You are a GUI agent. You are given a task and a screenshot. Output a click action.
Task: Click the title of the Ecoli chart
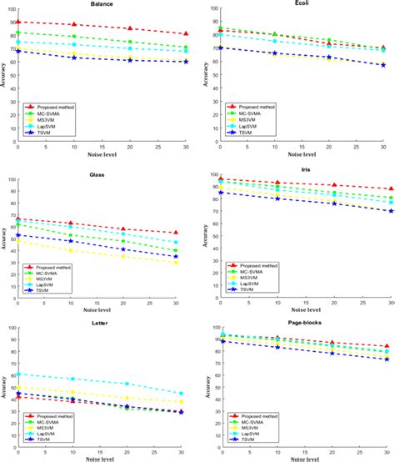pyautogui.click(x=294, y=5)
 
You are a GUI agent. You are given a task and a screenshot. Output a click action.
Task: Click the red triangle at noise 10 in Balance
pyautogui.click(x=74, y=25)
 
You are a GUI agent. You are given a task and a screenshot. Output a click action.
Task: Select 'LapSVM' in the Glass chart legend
pyautogui.click(x=47, y=286)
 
